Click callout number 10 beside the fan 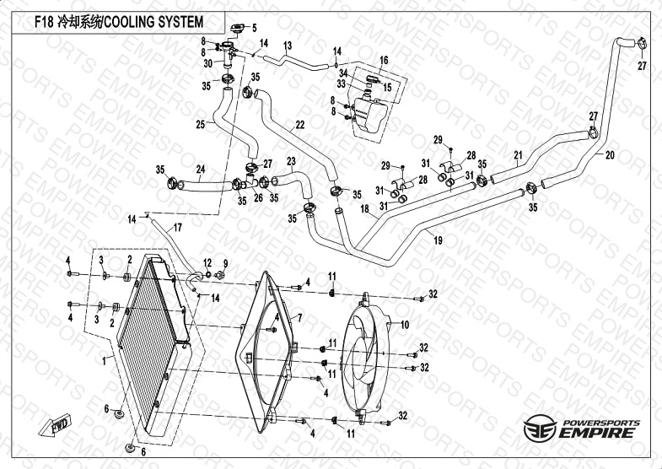[404, 325]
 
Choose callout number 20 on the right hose [610, 155]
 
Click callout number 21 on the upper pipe [518, 154]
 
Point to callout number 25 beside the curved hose [201, 125]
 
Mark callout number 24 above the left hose [201, 169]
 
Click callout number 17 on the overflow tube [177, 228]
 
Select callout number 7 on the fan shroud [298, 317]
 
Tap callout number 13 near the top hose [288, 45]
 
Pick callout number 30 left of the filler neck [207, 63]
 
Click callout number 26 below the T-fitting [259, 199]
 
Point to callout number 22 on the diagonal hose [299, 124]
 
